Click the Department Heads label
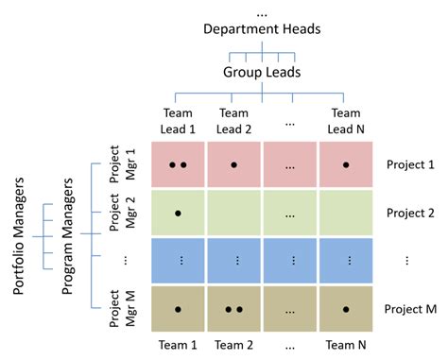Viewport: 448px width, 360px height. pos(262,28)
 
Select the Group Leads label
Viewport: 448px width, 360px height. pos(262,71)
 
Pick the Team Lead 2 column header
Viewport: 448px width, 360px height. pos(234,120)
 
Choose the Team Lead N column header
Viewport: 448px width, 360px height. pos(347,120)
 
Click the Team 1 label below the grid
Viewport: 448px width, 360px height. pos(178,345)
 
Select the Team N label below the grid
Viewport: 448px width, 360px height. pos(347,345)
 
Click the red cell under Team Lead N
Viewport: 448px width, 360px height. pos(347,164)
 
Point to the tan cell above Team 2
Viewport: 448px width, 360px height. pos(234,309)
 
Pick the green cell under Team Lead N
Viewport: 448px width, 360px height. pos(347,213)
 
